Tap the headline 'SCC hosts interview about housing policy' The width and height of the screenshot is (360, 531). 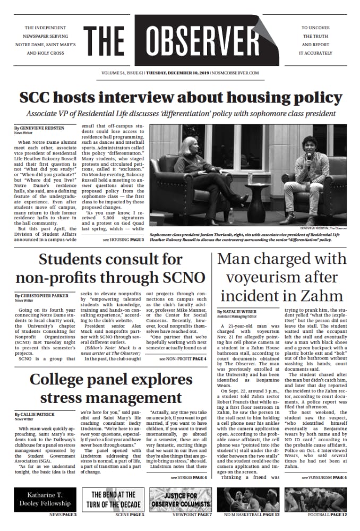[x=180, y=98]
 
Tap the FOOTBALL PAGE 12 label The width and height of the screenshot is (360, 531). [x=327, y=515]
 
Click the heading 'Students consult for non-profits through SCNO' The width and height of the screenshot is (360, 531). [x=110, y=269]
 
